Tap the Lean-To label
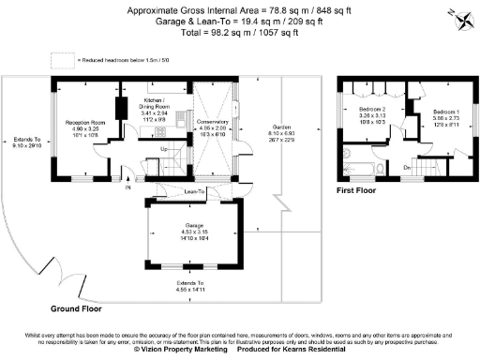[195, 191]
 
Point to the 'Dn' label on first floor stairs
[407, 168]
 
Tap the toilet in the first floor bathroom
[348, 153]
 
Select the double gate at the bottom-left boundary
[66, 278]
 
